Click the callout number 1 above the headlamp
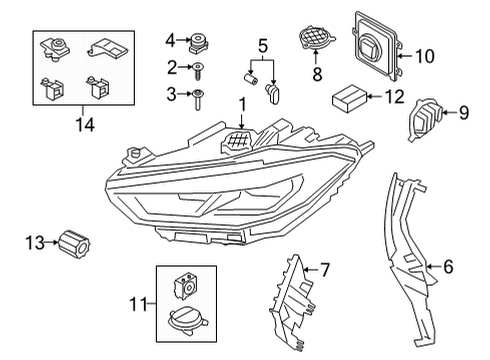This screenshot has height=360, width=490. click(x=240, y=104)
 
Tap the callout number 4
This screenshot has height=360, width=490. click(x=170, y=40)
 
